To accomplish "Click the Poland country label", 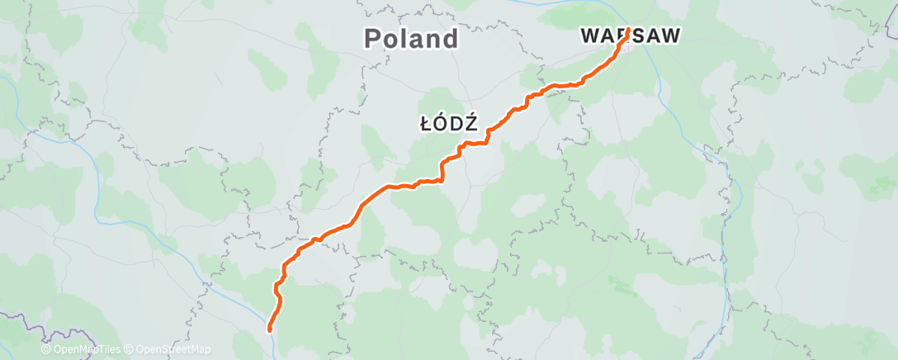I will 411,38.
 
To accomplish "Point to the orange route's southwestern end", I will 270,330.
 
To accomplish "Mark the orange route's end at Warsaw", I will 628,31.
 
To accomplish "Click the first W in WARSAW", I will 589,36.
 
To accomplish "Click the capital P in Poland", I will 373,38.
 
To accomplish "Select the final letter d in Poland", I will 450,38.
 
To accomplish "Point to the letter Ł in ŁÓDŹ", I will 426,124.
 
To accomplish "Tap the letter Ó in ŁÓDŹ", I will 441,124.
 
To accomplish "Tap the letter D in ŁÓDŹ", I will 456,124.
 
